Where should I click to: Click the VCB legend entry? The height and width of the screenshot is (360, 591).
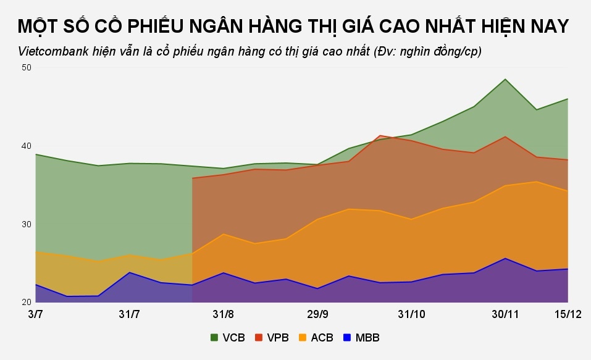pyautogui.click(x=228, y=338)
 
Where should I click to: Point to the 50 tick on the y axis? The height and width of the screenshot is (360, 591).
pyautogui.click(x=26, y=67)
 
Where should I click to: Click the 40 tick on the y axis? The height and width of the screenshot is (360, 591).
pyautogui.click(x=26, y=146)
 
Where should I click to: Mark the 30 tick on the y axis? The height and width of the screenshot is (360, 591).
pyautogui.click(x=26, y=224)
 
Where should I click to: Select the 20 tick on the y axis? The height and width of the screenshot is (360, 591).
pyautogui.click(x=26, y=302)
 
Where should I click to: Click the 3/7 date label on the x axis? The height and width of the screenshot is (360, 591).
pyautogui.click(x=36, y=314)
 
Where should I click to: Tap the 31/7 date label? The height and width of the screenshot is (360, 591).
pyautogui.click(x=129, y=314)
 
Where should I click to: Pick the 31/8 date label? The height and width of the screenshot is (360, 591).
pyautogui.click(x=223, y=314)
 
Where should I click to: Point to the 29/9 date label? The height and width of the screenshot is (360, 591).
pyautogui.click(x=317, y=314)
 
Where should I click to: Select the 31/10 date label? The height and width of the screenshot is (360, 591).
pyautogui.click(x=411, y=314)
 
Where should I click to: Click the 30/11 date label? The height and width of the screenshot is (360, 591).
pyautogui.click(x=505, y=314)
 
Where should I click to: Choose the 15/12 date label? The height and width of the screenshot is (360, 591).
pyautogui.click(x=568, y=314)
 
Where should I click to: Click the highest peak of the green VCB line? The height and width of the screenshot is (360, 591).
pyautogui.click(x=505, y=79)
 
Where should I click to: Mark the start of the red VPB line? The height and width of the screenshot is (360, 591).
pyautogui.click(x=193, y=178)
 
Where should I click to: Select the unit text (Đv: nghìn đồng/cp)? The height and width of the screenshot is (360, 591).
pyautogui.click(x=428, y=51)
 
